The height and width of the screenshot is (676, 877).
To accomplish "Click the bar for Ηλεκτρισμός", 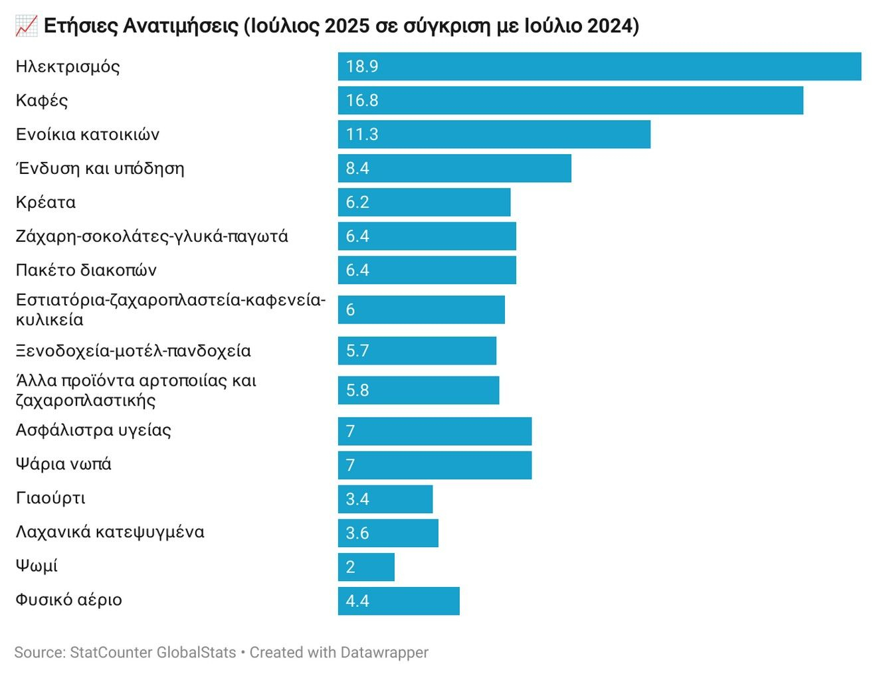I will coord(599,66).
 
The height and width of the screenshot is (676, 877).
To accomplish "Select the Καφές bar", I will coord(570,100).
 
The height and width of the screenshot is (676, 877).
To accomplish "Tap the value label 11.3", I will coord(362,134).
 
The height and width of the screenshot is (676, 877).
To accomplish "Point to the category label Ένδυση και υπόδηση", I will coord(100,169).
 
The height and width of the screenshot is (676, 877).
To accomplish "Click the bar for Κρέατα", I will coord(424,202).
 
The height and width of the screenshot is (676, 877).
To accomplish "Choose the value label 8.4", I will coord(357,168).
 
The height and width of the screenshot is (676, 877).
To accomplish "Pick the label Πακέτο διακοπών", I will coord(86,270).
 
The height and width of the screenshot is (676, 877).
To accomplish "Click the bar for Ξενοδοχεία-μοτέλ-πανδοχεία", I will coord(417,351).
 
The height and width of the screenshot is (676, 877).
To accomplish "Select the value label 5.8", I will coord(357,390).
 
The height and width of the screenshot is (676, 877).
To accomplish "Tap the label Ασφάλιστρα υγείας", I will coord(94,430).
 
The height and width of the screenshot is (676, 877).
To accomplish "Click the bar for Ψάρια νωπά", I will coord(435,465).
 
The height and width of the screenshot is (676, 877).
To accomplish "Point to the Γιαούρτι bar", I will coord(385,499).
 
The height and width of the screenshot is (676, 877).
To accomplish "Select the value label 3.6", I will coord(357,533).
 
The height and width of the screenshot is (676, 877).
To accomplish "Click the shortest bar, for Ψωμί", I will coord(366,566).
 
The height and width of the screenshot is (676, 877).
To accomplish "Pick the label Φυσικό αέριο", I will coord(69,600).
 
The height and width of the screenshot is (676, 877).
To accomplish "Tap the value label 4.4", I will coord(357,600).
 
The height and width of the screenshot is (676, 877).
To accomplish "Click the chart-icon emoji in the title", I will coord(27,27).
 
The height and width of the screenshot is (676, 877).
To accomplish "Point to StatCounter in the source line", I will coord(111,652).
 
